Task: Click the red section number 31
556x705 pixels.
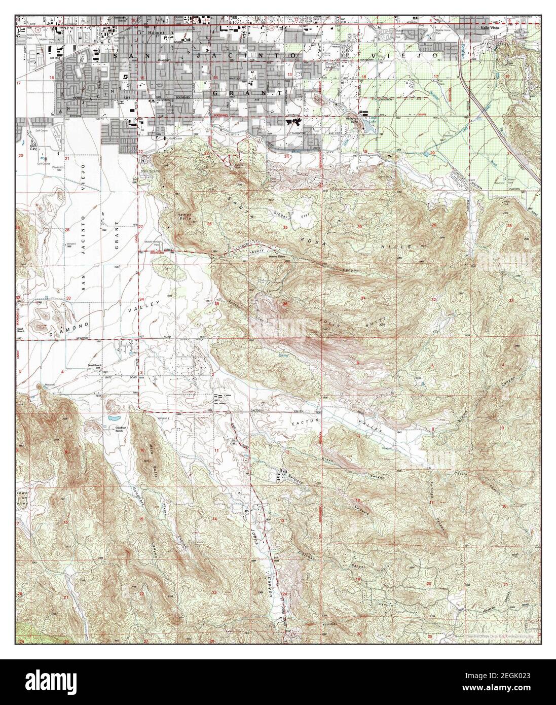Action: (363, 297)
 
